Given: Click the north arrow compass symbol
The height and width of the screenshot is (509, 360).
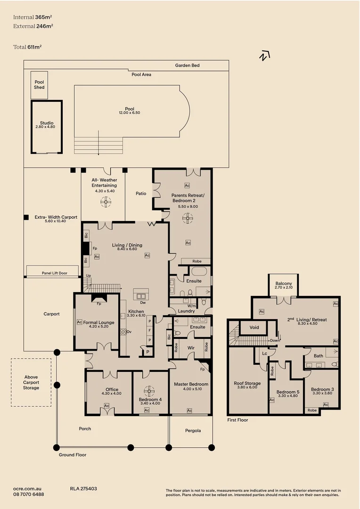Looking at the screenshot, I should [264, 56].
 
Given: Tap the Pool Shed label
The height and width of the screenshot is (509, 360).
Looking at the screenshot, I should [39, 84].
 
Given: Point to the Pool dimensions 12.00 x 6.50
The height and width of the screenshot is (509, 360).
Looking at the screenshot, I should [130, 113].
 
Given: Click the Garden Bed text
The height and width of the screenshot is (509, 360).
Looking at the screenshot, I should [187, 65].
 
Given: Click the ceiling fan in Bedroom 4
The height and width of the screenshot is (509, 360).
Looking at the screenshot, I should [150, 391].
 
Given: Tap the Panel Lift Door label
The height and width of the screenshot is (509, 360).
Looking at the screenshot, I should [54, 273].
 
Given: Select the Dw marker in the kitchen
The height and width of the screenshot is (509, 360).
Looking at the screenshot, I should [142, 303].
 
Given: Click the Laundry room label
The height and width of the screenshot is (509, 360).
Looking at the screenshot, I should [187, 311].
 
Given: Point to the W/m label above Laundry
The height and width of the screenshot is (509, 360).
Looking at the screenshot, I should [185, 304].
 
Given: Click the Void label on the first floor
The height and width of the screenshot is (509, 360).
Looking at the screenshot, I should [254, 327].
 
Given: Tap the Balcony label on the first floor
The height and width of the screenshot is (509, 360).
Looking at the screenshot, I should [283, 284].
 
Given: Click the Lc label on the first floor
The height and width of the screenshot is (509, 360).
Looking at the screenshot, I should [265, 353].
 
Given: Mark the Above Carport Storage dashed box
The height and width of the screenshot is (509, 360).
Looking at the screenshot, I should [31, 382].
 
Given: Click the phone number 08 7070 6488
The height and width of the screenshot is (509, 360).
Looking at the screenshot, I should [29, 494].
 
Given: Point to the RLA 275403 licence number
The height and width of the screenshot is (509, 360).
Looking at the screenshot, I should [83, 489].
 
